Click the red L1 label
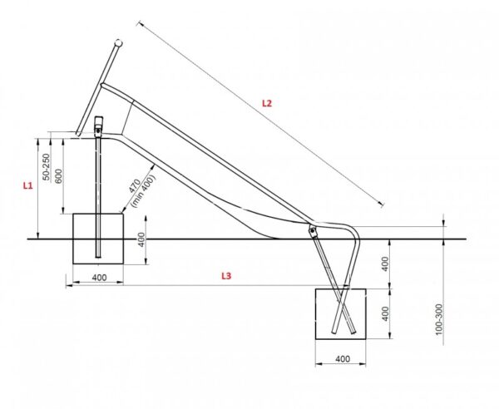(x=27, y=185)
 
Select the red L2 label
(x=267, y=103)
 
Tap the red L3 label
(x=226, y=276)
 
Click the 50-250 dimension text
(x=47, y=167)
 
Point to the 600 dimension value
(x=58, y=176)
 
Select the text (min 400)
(x=144, y=191)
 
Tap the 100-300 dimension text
(x=439, y=319)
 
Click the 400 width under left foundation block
(x=99, y=278)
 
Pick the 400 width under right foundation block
(x=343, y=359)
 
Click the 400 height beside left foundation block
(x=141, y=239)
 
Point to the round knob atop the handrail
(x=118, y=43)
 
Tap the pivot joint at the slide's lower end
(x=313, y=230)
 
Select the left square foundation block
(x=98, y=239)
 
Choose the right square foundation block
(x=341, y=314)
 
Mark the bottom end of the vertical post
(x=98, y=257)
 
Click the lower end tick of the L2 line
(x=383, y=204)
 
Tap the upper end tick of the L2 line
(x=139, y=23)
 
